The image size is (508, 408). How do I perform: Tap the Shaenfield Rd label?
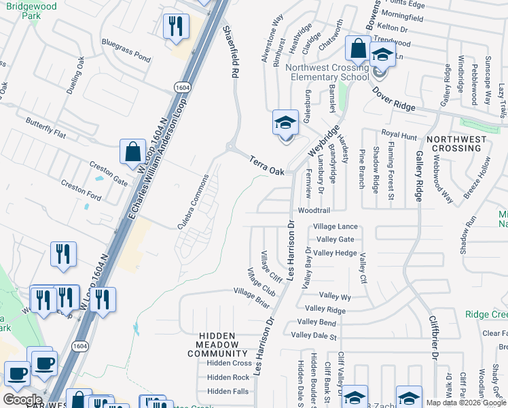click(x=232, y=51)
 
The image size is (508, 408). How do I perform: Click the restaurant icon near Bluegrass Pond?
click(x=176, y=27)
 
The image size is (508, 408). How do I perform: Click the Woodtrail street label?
click(x=314, y=211)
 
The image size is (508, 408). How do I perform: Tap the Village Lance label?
click(x=335, y=226)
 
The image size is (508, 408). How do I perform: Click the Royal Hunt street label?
click(x=399, y=136)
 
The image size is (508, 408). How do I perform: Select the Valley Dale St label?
click(x=314, y=335)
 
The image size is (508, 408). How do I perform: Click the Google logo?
click(x=22, y=400)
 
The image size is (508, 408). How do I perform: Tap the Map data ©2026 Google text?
click(x=465, y=403)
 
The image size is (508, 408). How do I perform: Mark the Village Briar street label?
click(x=251, y=298)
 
